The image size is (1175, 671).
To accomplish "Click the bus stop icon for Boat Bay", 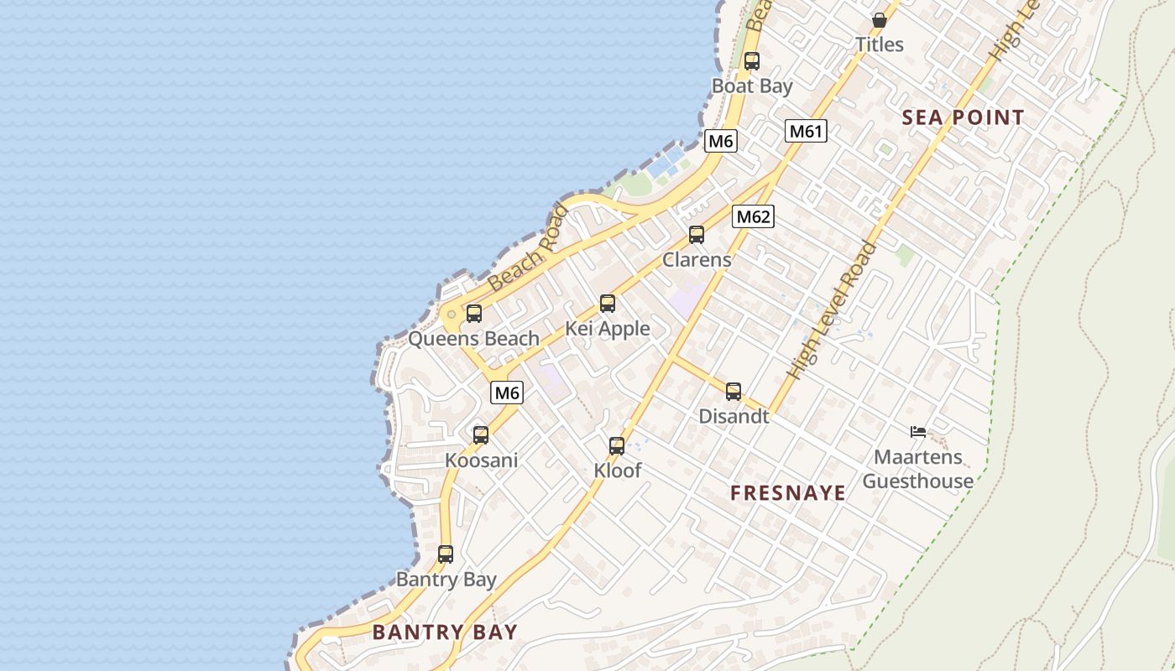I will [x=752, y=61].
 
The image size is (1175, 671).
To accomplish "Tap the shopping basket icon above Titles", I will [x=880, y=19].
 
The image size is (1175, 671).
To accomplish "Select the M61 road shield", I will [x=807, y=131].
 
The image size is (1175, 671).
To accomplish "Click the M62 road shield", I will [x=752, y=217].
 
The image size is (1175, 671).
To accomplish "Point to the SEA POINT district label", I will [x=963, y=117].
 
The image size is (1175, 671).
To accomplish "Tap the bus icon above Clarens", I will [x=697, y=235].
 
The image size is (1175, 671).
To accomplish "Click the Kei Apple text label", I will [x=608, y=329].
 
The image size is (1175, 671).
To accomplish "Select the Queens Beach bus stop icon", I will [x=474, y=314].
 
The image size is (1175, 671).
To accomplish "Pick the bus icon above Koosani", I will [x=481, y=435].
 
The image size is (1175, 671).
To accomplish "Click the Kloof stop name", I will [x=618, y=471].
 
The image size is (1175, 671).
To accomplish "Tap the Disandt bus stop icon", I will [x=734, y=391].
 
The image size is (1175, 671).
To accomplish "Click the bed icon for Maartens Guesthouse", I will [x=918, y=432].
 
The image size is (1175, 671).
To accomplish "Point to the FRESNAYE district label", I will [x=788, y=493].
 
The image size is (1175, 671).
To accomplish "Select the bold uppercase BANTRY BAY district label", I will [x=445, y=632].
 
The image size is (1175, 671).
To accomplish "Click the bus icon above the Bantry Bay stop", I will [x=446, y=554].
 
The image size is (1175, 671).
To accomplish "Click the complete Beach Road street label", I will [x=528, y=248].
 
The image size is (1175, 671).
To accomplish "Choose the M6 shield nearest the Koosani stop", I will [x=507, y=393].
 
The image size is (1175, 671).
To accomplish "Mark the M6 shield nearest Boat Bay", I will [x=721, y=141].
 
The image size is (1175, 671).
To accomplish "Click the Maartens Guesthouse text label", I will [x=918, y=469].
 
